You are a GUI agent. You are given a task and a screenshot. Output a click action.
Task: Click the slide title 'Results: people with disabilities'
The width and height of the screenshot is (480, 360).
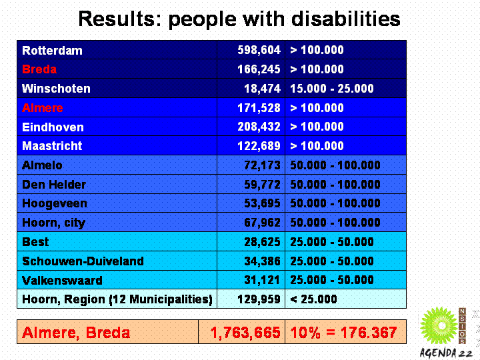tap(239, 19)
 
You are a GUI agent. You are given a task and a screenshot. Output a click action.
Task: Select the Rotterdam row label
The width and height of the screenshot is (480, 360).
tap(53, 51)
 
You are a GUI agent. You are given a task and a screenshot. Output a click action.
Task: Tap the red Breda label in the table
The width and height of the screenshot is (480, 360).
tap(39, 69)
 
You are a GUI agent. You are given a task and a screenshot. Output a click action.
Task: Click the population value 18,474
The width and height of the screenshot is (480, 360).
tap(259, 89)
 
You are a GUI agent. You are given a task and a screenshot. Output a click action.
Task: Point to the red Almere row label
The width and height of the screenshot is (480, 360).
tap(43, 108)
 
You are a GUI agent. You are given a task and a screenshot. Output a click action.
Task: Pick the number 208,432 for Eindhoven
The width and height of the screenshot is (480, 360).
tap(259, 127)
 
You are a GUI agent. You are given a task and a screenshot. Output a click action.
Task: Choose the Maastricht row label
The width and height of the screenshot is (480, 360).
tap(53, 146)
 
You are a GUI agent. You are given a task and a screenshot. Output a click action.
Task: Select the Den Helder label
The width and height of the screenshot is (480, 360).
tap(54, 185)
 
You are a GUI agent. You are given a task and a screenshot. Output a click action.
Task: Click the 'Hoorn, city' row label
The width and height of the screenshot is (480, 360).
tap(54, 223)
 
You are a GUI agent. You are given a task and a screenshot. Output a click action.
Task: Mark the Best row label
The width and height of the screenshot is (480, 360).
tap(36, 242)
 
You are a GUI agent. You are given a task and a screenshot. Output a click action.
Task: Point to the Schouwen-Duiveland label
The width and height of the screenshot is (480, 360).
tap(83, 261)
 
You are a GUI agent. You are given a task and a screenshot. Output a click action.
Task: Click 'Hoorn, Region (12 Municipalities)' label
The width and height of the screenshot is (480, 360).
tap(117, 299)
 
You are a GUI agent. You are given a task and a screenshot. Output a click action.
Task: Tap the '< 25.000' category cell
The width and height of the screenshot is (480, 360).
tap(313, 299)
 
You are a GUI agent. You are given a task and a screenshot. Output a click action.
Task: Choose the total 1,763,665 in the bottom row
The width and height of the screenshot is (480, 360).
tap(245, 332)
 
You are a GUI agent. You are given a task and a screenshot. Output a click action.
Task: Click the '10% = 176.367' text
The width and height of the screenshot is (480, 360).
tap(343, 332)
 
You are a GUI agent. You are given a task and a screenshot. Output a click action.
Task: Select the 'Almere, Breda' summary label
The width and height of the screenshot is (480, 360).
tap(76, 332)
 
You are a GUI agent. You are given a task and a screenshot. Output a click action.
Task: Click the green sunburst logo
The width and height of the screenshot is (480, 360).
tap(439, 326)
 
